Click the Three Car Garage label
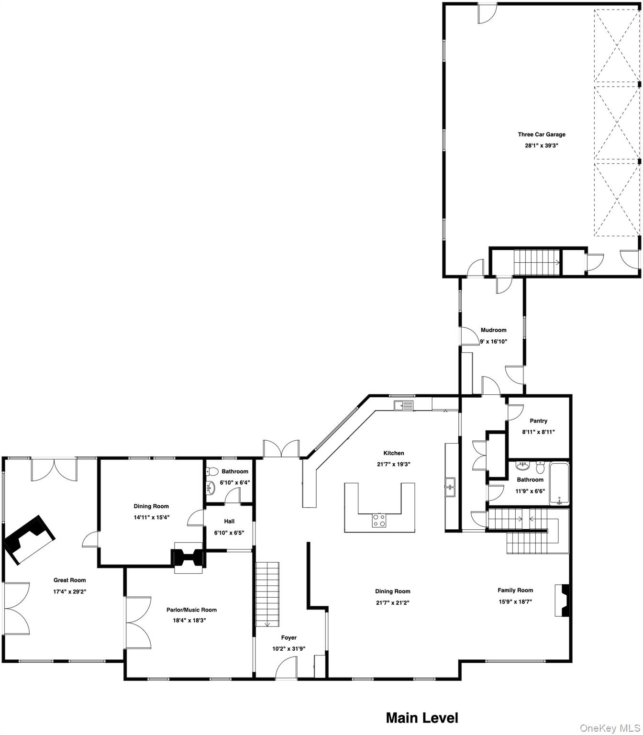coord(541,134)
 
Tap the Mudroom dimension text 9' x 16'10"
coord(493,342)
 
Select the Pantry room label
coord(538,421)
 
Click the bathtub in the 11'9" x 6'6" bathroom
coord(559,484)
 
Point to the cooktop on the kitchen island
coord(379,520)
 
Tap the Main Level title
coord(421,718)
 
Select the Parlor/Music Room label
coord(191,610)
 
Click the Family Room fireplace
coord(563,601)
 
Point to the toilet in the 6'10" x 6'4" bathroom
coord(213,471)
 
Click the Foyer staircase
coord(267,594)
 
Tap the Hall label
coord(229,521)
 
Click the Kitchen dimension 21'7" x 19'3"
coord(393,464)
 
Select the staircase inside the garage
coord(536,262)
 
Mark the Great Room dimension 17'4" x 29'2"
coord(69,591)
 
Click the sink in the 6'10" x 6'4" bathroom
coord(211,488)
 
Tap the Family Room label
coord(515,590)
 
